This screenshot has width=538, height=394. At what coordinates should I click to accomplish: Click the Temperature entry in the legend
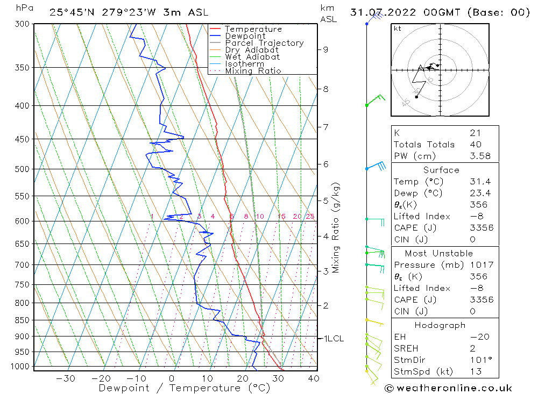tap(253, 29)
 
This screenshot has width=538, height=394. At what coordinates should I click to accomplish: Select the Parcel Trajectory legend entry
tap(264, 43)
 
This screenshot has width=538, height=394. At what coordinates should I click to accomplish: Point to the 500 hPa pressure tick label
tap(22, 169)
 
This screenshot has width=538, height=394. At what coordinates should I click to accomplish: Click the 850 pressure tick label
tap(22, 320)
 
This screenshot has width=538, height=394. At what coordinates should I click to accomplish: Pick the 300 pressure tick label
tap(22, 24)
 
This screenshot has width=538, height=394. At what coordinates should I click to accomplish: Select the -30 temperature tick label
tap(66, 378)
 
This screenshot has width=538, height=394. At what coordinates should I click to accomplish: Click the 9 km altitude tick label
tap(325, 49)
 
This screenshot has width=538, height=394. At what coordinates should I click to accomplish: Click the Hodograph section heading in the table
tap(440, 325)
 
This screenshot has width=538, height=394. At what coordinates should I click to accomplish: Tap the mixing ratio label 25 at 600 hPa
tap(310, 217)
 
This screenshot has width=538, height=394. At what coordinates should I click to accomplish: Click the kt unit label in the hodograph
tap(398, 29)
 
